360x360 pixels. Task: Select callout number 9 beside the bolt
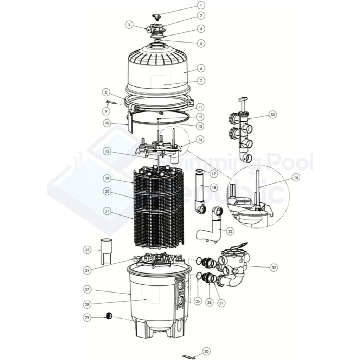104,111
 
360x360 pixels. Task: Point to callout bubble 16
296,178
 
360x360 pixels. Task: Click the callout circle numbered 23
87,250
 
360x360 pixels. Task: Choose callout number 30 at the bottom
206,351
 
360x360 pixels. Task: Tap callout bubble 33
272,114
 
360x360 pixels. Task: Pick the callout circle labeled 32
274,268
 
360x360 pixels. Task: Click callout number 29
87,317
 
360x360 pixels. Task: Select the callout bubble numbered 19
107,179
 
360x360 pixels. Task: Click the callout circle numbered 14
200,140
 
